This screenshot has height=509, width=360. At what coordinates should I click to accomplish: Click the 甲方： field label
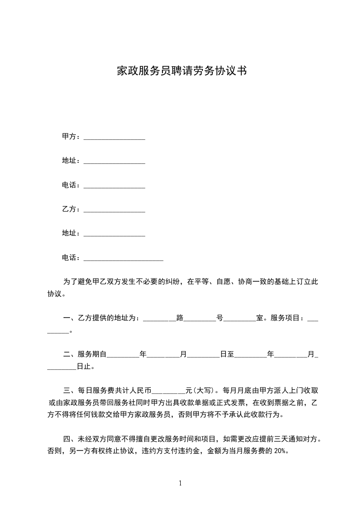71,137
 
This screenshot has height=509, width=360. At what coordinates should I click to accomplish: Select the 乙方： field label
71,209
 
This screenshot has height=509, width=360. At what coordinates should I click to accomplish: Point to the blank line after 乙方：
114,210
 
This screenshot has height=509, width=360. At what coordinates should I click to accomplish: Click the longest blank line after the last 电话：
123,259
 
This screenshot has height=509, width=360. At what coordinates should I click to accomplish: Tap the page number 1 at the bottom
180,483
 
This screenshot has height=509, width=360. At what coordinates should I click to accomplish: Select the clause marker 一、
69,318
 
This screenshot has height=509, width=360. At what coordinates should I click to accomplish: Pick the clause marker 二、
69,354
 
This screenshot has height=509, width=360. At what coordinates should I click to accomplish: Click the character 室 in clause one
260,318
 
